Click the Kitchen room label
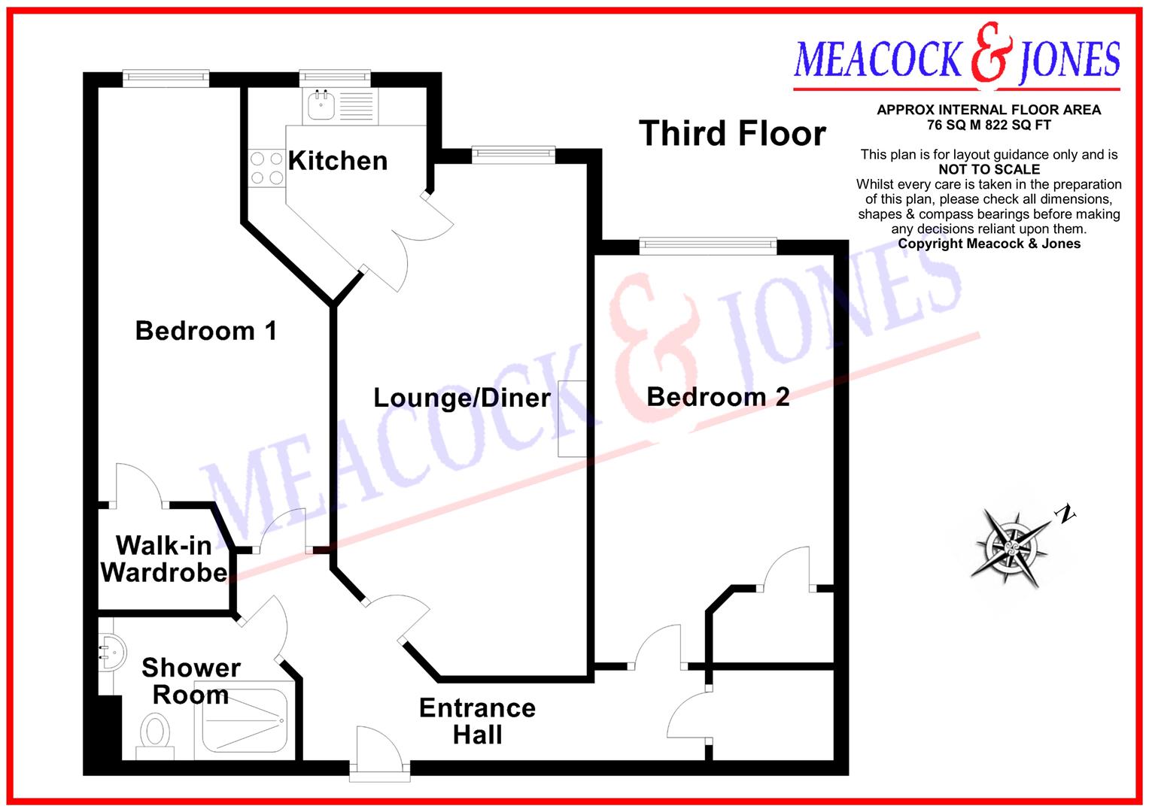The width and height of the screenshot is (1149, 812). (x=338, y=161)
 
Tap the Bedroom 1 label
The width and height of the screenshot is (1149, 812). (x=205, y=331)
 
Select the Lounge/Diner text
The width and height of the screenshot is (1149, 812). (x=462, y=398)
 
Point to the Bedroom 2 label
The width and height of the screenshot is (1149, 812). (x=718, y=397)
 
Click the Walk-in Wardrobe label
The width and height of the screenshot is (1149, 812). (x=164, y=559)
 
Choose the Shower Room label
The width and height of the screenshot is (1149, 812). (x=191, y=681)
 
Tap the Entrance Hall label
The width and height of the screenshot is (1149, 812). (x=477, y=721)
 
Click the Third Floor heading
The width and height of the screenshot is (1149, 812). (x=732, y=134)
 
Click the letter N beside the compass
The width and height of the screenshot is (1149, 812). (x=1065, y=514)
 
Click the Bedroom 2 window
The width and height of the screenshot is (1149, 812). (x=707, y=244)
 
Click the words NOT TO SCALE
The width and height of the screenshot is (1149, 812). (x=989, y=170)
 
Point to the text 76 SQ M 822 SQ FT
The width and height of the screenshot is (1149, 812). (x=989, y=125)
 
